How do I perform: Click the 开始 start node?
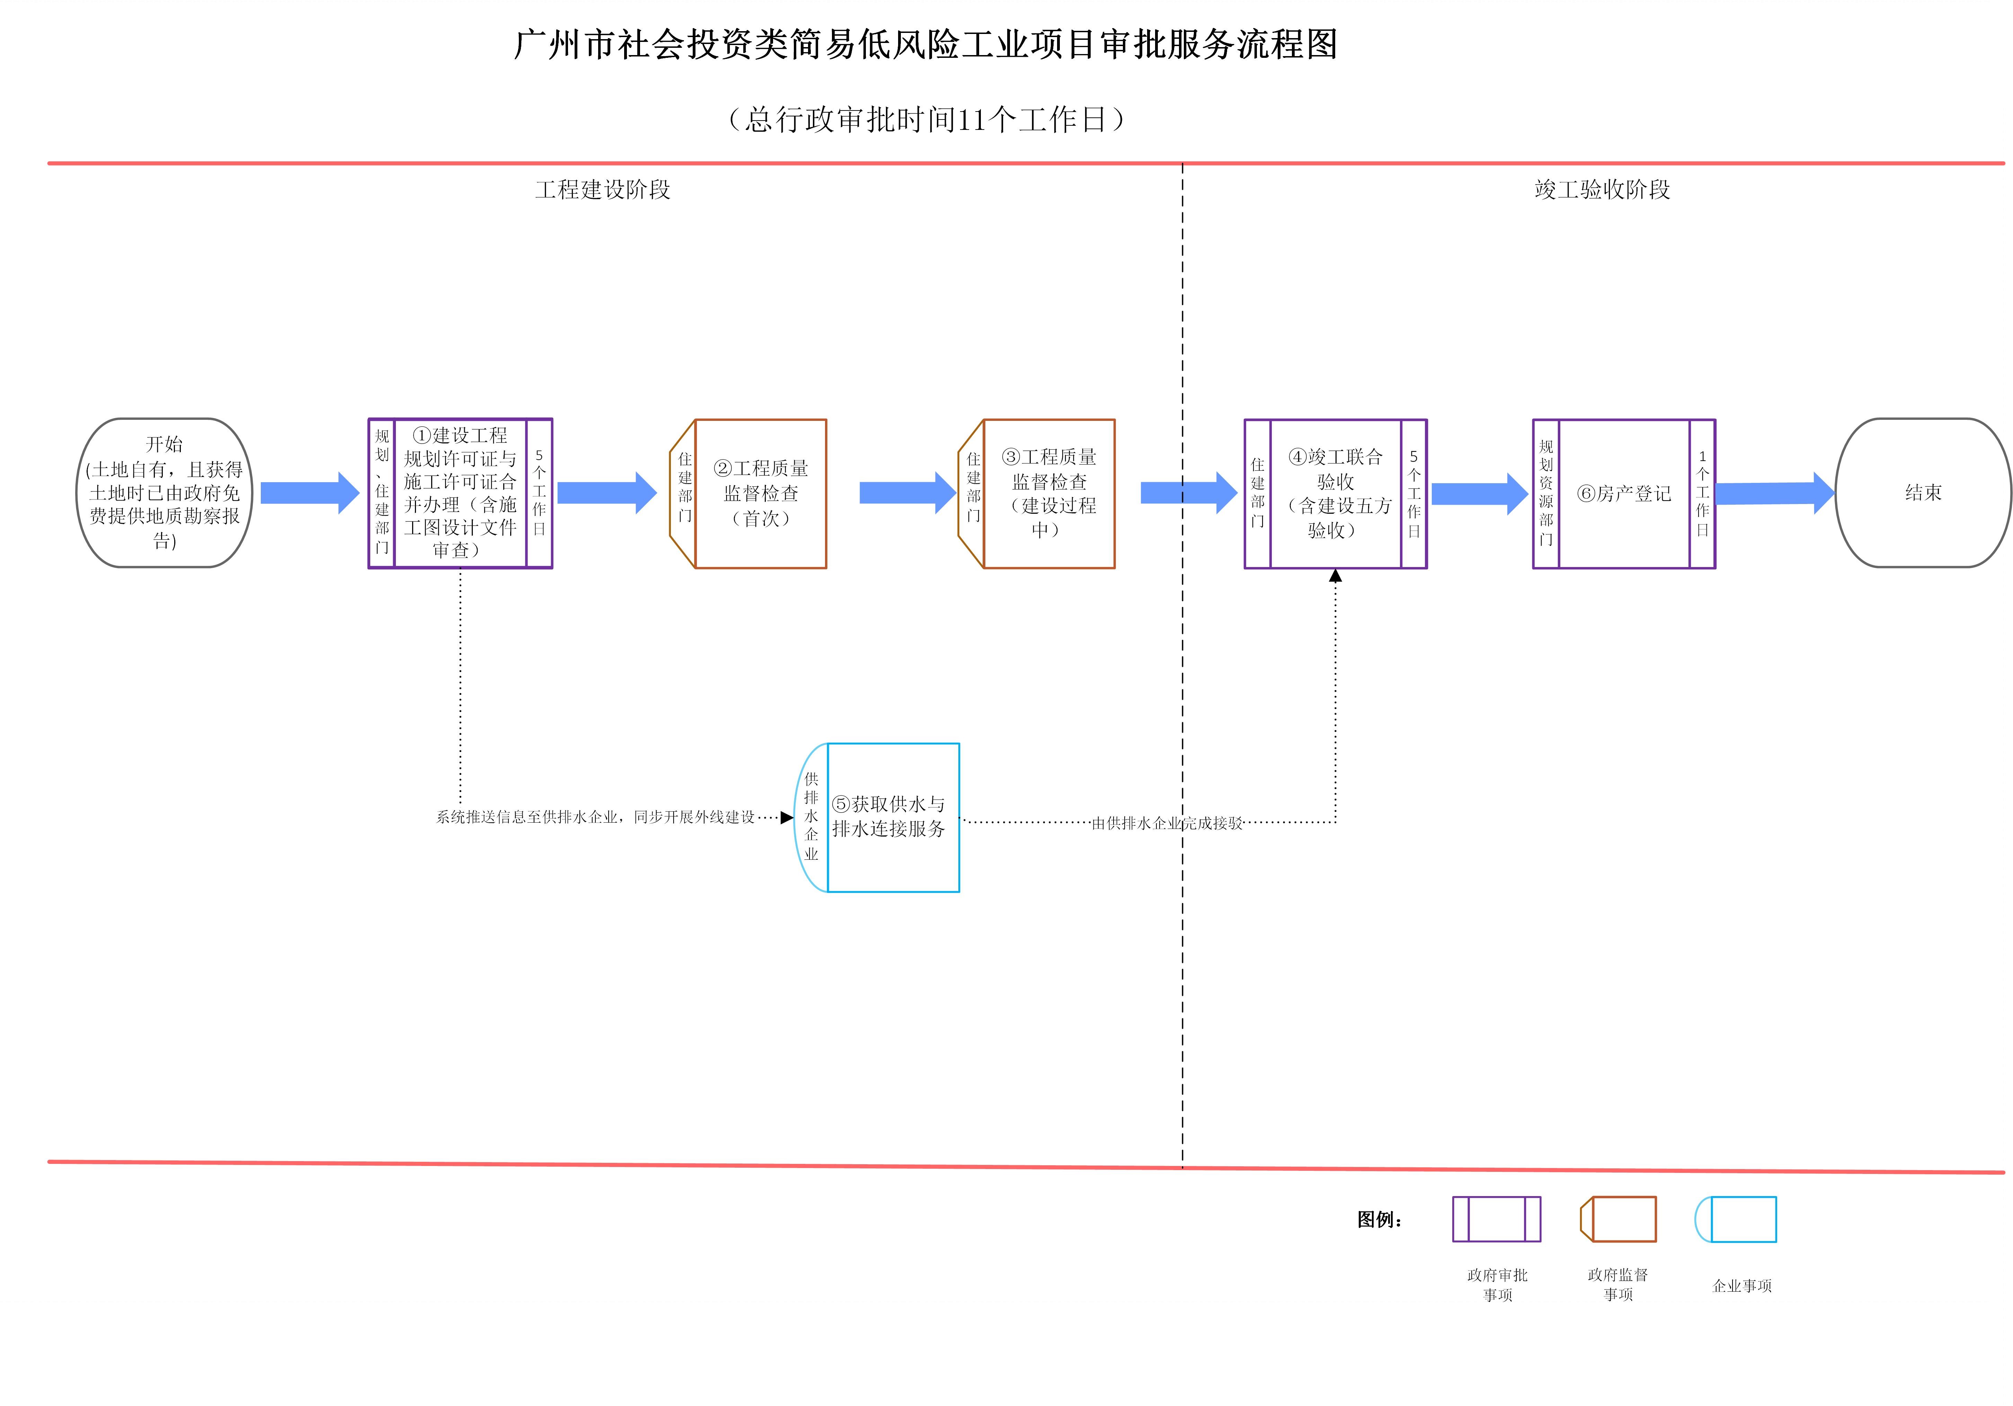pos(164,493)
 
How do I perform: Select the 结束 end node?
pos(1923,493)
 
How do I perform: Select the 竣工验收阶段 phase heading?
pos(1602,189)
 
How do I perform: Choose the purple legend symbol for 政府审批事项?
pos(1496,1219)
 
